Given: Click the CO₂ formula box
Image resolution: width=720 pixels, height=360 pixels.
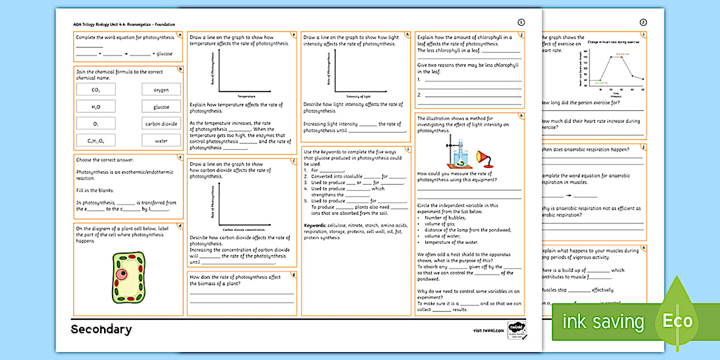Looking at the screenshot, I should click(x=95, y=90).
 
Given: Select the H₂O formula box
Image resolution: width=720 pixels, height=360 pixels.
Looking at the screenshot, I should click(x=95, y=106).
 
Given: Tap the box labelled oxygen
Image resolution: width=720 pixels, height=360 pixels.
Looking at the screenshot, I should click(x=161, y=90).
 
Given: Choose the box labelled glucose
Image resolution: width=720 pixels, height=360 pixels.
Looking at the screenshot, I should click(x=161, y=107).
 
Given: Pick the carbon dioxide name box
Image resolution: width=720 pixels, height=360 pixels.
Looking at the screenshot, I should click(x=161, y=123).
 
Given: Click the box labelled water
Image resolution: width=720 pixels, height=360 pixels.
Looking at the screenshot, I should click(x=161, y=141).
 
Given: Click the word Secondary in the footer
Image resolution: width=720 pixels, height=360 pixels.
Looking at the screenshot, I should click(x=101, y=330).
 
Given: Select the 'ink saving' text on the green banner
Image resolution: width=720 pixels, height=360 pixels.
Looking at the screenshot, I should click(x=603, y=322).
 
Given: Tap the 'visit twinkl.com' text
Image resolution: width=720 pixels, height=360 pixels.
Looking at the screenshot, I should click(x=489, y=330).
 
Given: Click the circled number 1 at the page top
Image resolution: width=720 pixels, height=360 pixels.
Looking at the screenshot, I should click(x=521, y=22).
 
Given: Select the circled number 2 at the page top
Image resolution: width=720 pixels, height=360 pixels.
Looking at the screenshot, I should click(x=643, y=22).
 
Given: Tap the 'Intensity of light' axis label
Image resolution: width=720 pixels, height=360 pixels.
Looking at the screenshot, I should click(x=359, y=97).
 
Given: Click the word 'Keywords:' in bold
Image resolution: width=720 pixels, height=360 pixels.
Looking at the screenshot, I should click(x=315, y=225).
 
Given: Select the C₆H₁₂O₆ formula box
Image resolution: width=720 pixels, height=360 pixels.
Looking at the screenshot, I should click(x=95, y=141).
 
